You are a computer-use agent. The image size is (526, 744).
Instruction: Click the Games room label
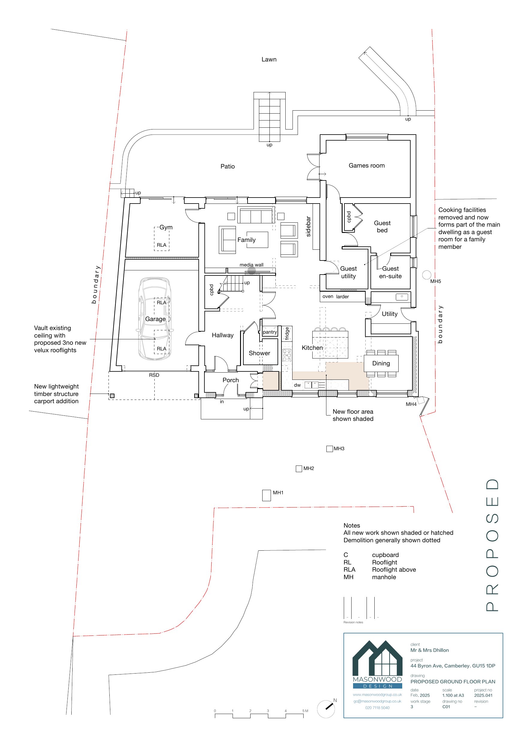point(367,165)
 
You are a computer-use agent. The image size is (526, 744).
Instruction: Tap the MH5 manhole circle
point(427,275)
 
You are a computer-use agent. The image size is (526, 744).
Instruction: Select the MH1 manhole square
point(266,495)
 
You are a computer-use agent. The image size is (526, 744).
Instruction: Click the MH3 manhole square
point(330,449)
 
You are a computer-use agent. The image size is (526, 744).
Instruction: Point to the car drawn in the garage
point(155,319)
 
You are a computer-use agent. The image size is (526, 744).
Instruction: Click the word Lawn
point(269,59)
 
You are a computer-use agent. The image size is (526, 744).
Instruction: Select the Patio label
point(227,166)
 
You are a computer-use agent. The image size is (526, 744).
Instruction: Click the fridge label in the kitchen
point(287,333)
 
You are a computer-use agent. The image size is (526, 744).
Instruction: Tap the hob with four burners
point(287,355)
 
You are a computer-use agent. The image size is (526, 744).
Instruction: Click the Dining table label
point(381,363)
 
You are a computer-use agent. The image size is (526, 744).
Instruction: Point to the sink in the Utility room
point(402,297)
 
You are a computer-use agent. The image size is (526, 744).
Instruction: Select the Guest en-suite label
point(390,272)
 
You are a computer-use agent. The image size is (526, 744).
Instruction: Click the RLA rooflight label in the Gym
point(162,245)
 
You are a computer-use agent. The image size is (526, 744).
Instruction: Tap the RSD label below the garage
point(154,375)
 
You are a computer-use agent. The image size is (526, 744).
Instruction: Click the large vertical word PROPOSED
point(492,545)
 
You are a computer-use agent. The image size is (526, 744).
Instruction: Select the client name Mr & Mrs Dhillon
point(429,650)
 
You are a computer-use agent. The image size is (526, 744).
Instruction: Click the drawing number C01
point(446,707)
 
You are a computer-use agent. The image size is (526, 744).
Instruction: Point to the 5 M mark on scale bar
point(305,711)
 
